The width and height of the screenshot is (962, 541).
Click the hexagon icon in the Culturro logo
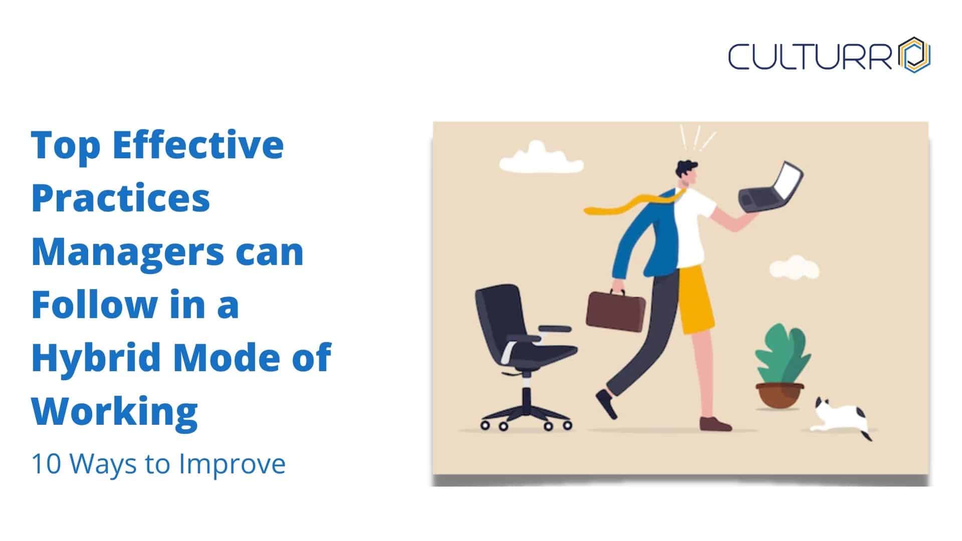click(x=914, y=55)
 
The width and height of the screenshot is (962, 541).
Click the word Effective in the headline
click(x=198, y=144)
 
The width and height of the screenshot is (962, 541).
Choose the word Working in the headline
click(x=115, y=412)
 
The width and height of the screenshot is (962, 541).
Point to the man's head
click(x=686, y=173)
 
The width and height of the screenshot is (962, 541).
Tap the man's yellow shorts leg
click(x=695, y=300)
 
